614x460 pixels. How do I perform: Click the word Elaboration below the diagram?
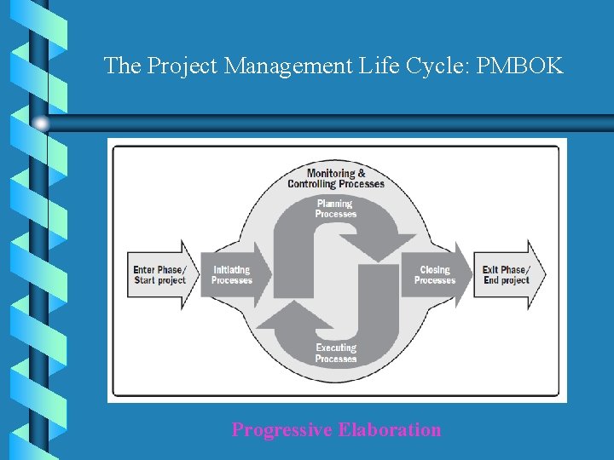pos(390,429)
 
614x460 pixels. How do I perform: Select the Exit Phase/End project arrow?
pos(508,275)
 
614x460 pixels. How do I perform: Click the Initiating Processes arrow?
pos(234,275)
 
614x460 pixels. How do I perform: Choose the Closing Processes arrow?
pos(435,275)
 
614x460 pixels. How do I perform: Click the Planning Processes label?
pos(335,209)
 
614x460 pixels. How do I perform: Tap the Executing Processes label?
pos(336,354)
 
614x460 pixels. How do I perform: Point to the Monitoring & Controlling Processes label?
pos(336,179)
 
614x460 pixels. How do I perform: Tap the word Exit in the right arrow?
pos(490,270)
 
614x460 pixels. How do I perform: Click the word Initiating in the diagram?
pos(232,270)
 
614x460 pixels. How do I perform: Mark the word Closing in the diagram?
pos(435,270)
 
